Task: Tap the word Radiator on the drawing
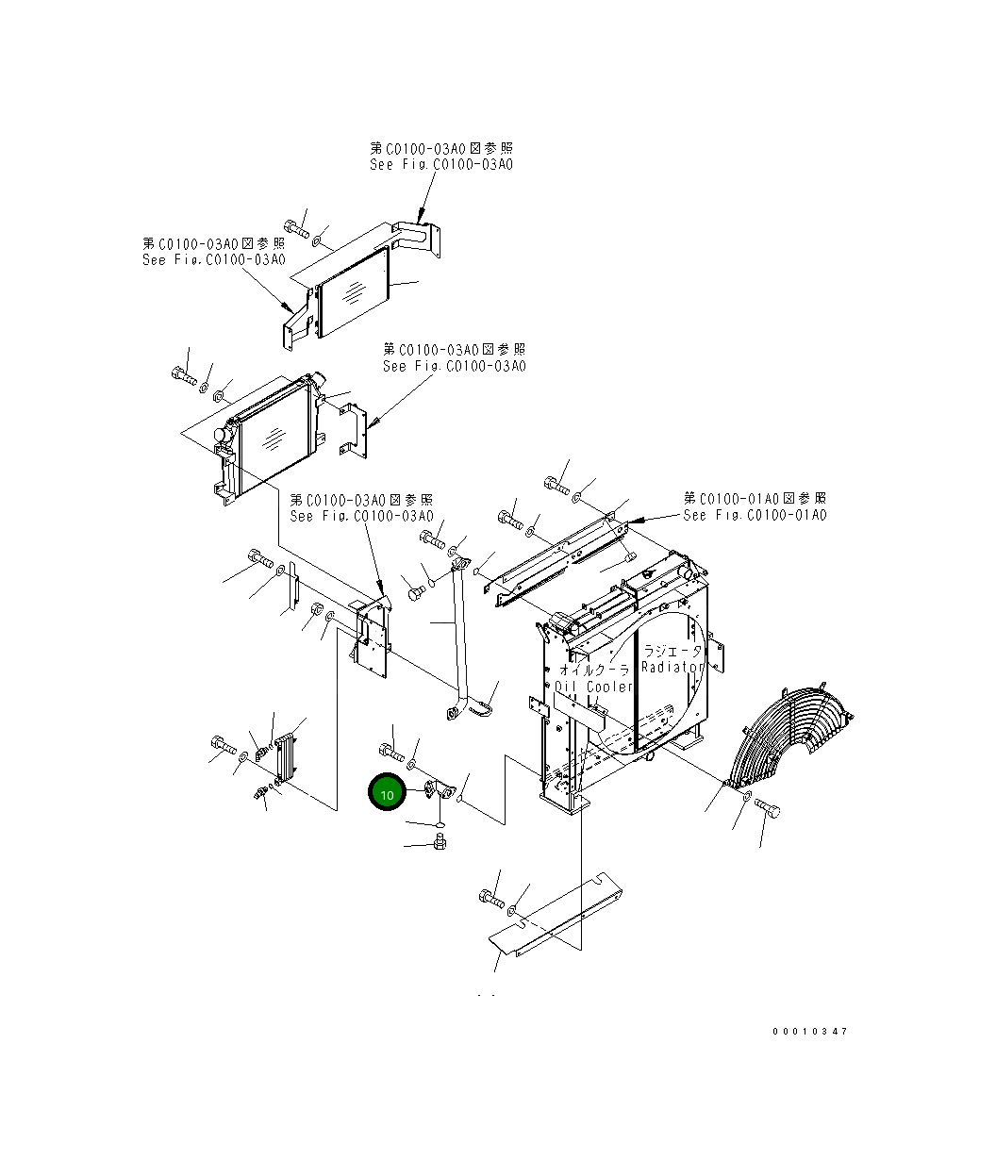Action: click(x=672, y=666)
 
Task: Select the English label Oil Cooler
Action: click(x=593, y=687)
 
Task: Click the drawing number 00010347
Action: click(x=810, y=1031)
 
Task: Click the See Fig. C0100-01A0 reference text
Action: click(x=755, y=515)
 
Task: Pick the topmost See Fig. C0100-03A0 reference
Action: click(x=441, y=164)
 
